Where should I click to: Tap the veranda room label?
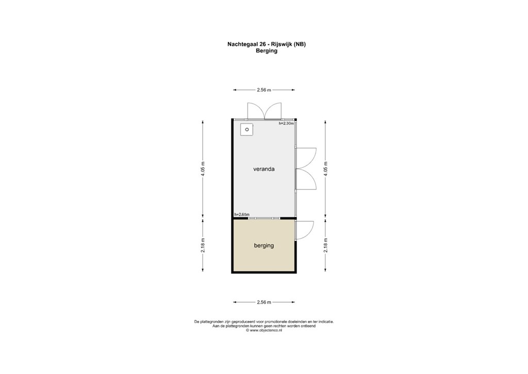click(263, 169)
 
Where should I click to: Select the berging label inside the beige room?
click(263, 245)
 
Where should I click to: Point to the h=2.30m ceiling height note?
click(286, 123)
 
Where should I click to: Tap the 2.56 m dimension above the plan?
click(263, 90)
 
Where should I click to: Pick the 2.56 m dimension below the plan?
click(263, 302)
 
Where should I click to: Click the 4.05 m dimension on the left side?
click(203, 169)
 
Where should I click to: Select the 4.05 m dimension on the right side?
click(325, 169)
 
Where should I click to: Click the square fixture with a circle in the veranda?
click(247, 130)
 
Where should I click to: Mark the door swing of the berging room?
click(304, 230)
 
